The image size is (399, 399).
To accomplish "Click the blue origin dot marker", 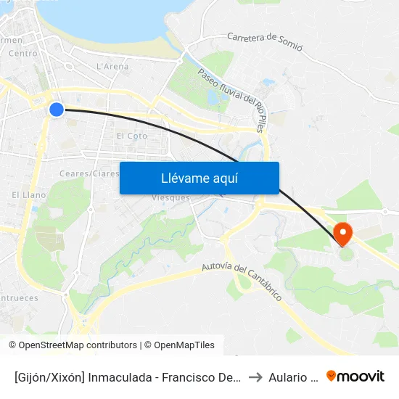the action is pyautogui.click(x=57, y=110).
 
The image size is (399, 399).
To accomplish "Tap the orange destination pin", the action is pyautogui.click(x=342, y=234).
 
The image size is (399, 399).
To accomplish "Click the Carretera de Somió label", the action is pyautogui.click(x=264, y=41).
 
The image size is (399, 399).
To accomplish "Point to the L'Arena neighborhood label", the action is pyautogui.click(x=112, y=67).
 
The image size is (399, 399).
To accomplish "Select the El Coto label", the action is pyautogui.click(x=131, y=136).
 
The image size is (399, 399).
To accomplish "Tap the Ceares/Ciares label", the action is pyautogui.click(x=89, y=174).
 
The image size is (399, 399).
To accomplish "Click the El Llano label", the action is pyautogui.click(x=29, y=195).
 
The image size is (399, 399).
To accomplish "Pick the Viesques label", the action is pyautogui.click(x=171, y=198).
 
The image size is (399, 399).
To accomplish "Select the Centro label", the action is pyautogui.click(x=22, y=54).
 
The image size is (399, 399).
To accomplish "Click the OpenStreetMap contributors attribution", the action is pyautogui.click(x=73, y=345).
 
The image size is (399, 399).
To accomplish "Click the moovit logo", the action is pyautogui.click(x=355, y=376).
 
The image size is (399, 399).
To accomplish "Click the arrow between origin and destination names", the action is pyautogui.click(x=255, y=377).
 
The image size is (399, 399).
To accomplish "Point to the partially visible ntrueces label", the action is pyautogui.click(x=19, y=298).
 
